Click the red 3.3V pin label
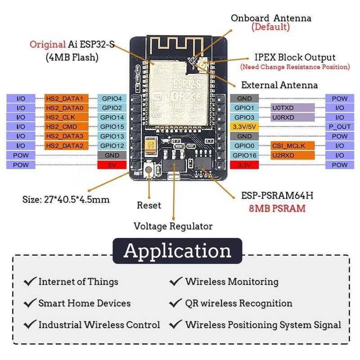coord(244,165)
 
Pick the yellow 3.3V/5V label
coord(244,126)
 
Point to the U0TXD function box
coord(292,108)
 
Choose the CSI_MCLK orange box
coord(292,146)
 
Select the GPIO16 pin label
coord(244,155)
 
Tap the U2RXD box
coord(292,155)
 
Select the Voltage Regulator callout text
coord(173,226)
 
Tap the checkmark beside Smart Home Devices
coord(30,303)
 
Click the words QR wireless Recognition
coord(238,303)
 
